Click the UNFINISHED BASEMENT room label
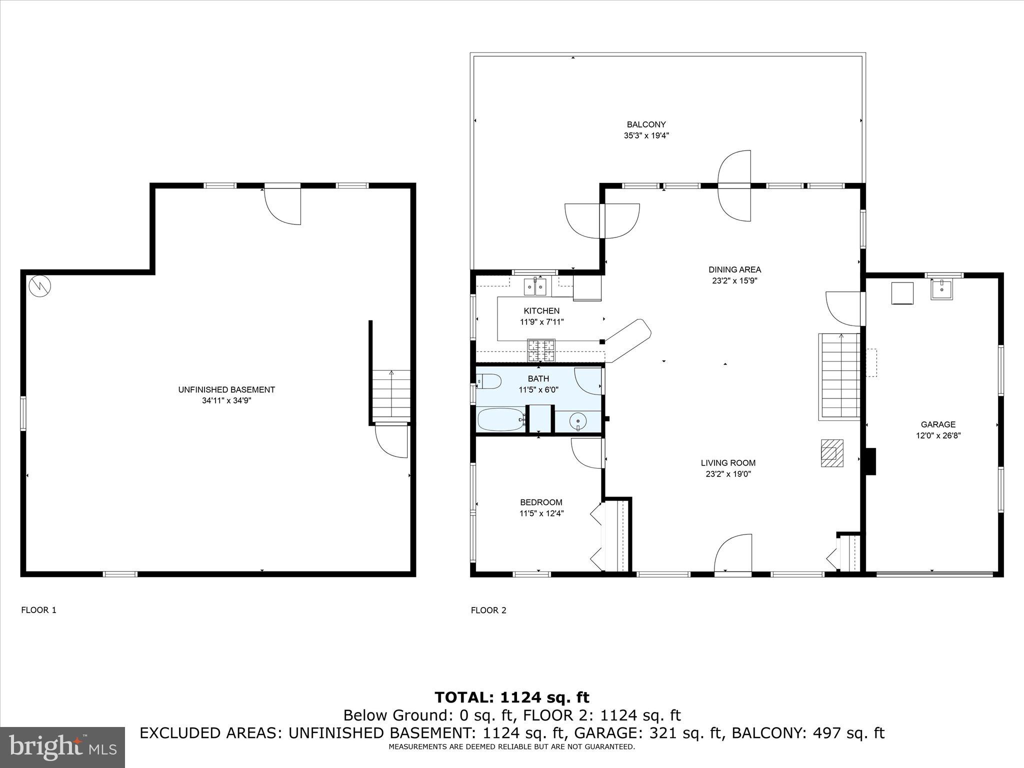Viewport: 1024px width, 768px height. click(226, 389)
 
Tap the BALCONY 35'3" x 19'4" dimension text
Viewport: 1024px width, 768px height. click(646, 135)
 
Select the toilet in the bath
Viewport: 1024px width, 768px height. click(489, 381)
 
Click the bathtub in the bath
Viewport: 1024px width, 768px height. click(501, 419)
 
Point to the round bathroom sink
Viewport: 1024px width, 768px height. click(578, 421)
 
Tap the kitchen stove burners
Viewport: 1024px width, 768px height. click(541, 350)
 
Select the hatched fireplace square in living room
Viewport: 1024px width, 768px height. click(832, 453)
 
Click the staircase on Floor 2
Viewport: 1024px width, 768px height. click(839, 376)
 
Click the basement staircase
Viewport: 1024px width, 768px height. click(390, 395)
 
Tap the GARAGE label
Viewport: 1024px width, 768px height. click(938, 424)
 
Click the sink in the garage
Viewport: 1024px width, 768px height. click(941, 289)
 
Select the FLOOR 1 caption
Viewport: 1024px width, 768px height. click(38, 610)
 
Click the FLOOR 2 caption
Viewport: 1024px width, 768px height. click(488, 610)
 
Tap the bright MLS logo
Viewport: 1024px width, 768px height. click(62, 747)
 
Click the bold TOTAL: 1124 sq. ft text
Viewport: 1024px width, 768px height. click(511, 697)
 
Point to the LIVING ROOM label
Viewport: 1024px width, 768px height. click(728, 463)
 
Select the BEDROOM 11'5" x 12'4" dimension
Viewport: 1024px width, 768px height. click(541, 513)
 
